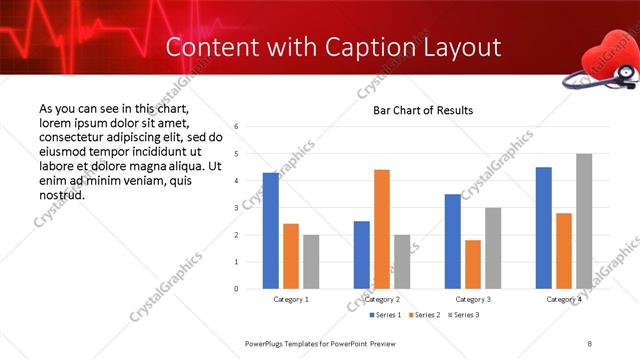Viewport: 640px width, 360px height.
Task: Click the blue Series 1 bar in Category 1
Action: click(271, 231)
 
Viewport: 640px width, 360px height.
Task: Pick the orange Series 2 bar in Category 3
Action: click(473, 264)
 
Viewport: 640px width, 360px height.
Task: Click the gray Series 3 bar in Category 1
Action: click(311, 262)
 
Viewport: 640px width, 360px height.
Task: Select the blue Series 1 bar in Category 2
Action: click(362, 255)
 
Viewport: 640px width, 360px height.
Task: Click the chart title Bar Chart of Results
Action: click(423, 110)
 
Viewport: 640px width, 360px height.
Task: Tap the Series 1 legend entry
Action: click(387, 315)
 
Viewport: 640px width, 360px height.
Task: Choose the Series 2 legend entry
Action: click(423, 315)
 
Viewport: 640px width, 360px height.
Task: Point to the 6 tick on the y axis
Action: click(236, 127)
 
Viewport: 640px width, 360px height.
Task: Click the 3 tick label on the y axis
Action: click(236, 208)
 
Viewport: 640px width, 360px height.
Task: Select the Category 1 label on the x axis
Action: click(291, 299)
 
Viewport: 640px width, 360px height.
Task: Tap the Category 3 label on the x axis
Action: click(473, 299)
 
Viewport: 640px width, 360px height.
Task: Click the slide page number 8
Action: click(590, 343)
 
